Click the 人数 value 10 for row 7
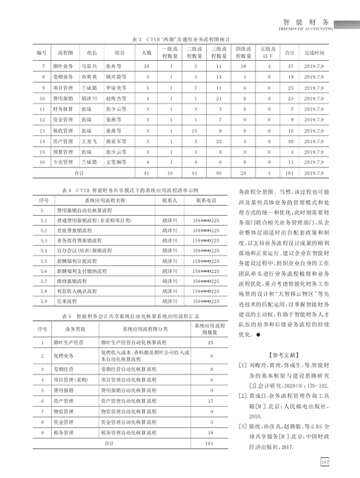coord(146,66)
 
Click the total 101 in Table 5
coord(211,444)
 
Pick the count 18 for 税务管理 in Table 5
coord(211,433)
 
